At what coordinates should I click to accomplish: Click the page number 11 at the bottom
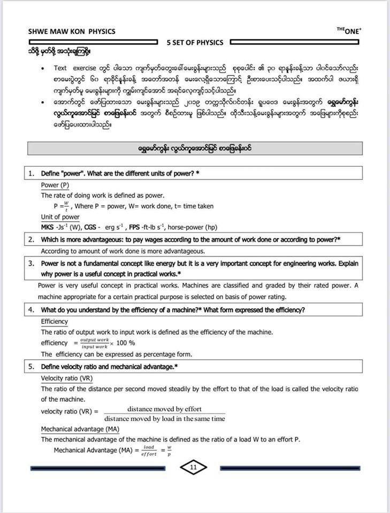(193, 468)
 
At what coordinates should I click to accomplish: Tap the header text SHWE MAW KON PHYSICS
(72, 31)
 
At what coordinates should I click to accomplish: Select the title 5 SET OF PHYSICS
(195, 42)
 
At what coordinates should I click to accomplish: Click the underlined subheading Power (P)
(55, 185)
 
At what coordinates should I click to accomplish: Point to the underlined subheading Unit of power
(60, 217)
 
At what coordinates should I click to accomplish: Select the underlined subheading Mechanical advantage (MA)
(80, 429)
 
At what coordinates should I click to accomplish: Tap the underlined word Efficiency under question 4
(55, 322)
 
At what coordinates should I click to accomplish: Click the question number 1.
(32, 173)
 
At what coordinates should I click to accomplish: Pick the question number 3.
(32, 263)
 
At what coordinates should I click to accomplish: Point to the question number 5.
(32, 367)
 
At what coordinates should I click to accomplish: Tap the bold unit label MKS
(49, 228)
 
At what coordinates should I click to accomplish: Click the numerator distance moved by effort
(164, 409)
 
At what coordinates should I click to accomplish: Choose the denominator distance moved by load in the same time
(164, 419)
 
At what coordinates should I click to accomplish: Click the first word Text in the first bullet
(60, 68)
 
